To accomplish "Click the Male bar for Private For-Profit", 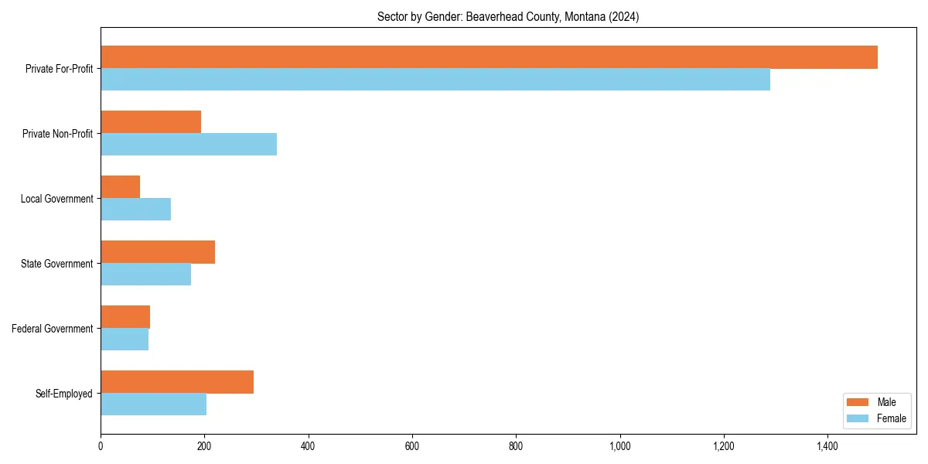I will click(x=489, y=57).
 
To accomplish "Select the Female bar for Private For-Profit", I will click(x=435, y=80).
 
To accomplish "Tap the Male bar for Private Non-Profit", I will click(x=151, y=122).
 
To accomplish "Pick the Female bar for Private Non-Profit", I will click(x=189, y=145).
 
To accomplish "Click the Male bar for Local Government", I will click(x=121, y=187).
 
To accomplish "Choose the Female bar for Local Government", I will click(x=136, y=210).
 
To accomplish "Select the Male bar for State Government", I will click(x=158, y=252).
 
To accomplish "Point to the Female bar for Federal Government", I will click(x=125, y=339).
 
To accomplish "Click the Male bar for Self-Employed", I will click(x=177, y=382).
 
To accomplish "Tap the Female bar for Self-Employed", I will click(x=153, y=404).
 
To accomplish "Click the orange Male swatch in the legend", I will click(x=858, y=402).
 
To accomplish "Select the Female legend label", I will click(x=891, y=418).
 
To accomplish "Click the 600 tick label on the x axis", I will click(x=412, y=446).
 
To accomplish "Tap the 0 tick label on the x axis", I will click(x=101, y=446).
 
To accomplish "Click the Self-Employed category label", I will click(x=64, y=394).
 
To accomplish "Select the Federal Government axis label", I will click(x=53, y=329).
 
